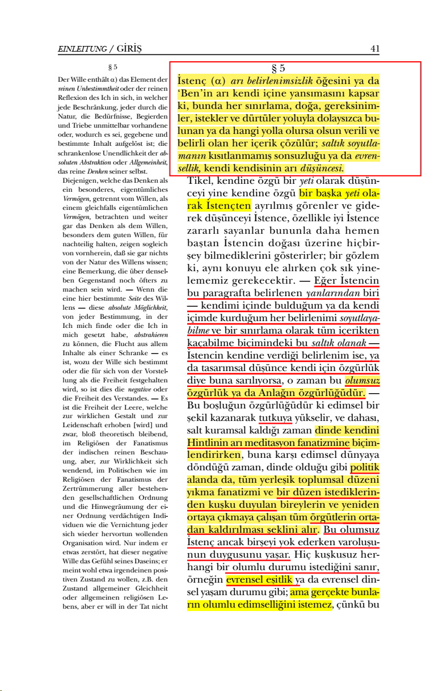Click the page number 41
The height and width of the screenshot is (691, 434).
click(x=374, y=49)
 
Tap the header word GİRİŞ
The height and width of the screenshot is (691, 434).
click(x=130, y=49)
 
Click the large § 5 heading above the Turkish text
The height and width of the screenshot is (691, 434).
click(x=279, y=69)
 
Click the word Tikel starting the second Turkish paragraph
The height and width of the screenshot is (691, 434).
click(x=199, y=181)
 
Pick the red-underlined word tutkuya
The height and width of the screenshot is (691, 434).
click(x=275, y=419)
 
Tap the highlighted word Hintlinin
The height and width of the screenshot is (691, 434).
click(x=207, y=443)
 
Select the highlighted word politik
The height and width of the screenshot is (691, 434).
click(x=365, y=469)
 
